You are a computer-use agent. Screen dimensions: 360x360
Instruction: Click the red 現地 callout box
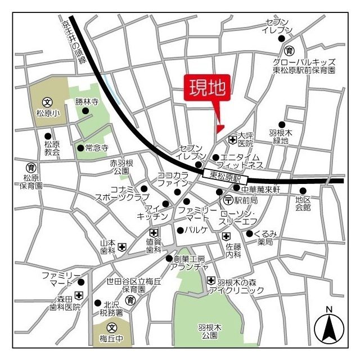[208, 88]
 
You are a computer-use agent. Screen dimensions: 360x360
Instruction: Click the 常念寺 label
[96, 148]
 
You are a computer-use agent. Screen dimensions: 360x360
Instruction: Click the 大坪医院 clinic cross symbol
[232, 139]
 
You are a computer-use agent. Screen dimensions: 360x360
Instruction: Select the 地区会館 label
[303, 203]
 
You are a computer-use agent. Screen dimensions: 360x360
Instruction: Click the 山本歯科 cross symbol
[122, 246]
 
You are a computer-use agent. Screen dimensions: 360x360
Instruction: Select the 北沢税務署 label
[112, 307]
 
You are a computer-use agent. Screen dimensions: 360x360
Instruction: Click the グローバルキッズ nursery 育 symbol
[289, 50]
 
